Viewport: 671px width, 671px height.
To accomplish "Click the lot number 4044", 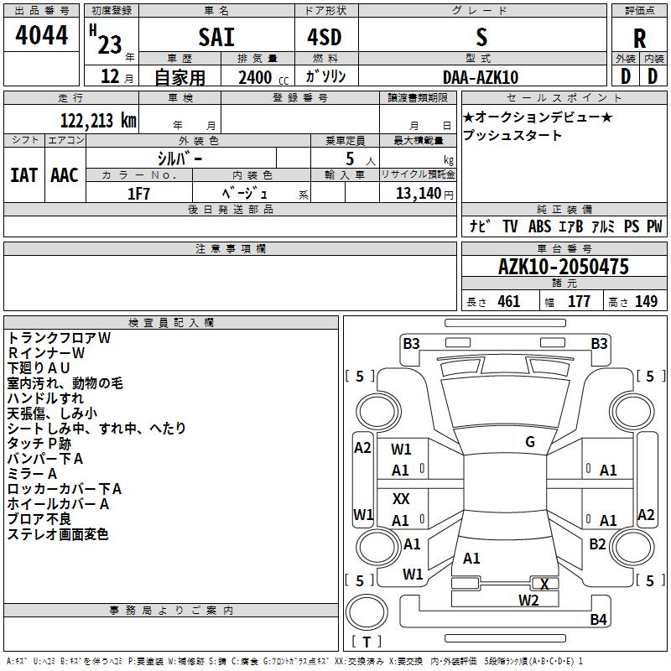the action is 41,35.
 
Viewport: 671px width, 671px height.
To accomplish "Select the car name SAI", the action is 216,37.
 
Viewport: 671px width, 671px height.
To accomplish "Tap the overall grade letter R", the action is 639,39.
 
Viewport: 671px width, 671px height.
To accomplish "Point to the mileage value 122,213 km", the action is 98,121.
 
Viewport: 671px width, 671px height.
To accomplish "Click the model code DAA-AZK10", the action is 481,77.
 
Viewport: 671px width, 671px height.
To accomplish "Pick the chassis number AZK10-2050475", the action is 564,267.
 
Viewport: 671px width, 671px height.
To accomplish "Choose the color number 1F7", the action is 138,194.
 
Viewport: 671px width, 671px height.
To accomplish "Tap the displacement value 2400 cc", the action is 263,78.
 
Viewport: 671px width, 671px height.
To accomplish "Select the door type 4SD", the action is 325,37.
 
